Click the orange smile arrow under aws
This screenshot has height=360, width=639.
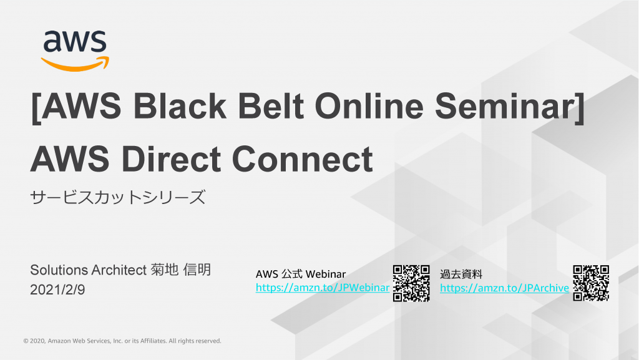75,64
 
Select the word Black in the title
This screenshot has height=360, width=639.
180,106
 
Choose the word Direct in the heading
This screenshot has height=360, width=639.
171,159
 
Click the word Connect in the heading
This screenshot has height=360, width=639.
303,159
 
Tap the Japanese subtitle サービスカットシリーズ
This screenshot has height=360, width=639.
118,198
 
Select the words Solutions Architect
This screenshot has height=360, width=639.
89,270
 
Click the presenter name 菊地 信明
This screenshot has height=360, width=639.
180,270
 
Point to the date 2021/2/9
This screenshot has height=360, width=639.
57,289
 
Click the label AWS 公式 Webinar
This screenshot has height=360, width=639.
301,274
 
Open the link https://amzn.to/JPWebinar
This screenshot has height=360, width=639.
323,288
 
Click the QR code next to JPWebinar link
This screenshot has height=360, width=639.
411,283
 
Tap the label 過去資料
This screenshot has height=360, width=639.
461,274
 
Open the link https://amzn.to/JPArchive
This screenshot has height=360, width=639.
504,288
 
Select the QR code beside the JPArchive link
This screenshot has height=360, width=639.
591,283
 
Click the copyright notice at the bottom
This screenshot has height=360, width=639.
122,341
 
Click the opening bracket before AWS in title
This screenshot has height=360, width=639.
36,107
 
